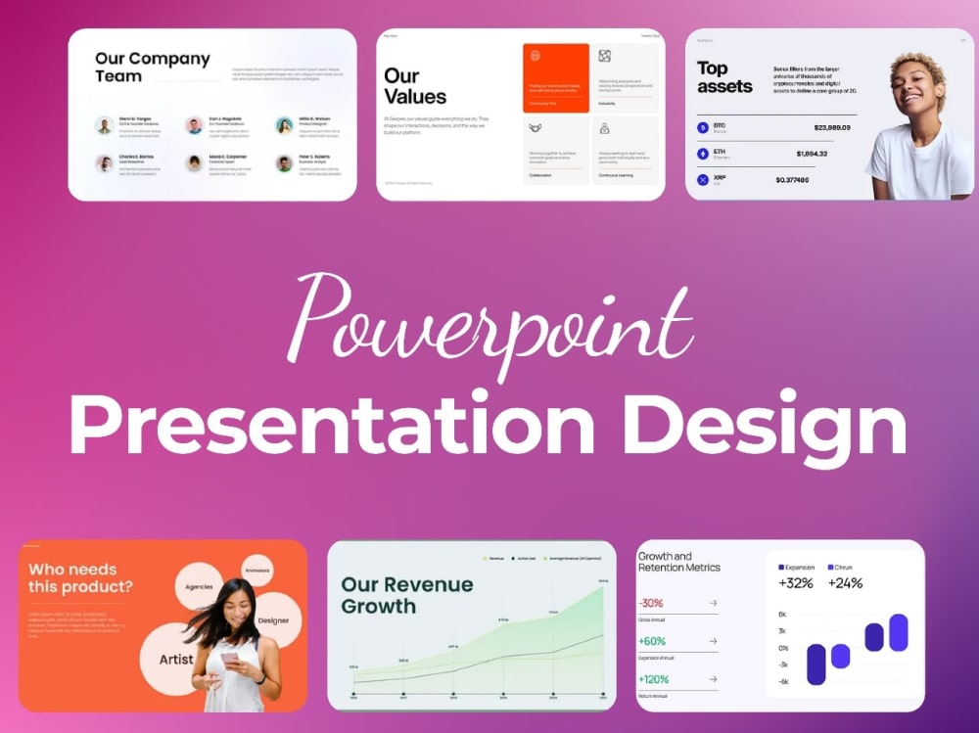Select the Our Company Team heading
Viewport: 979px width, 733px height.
pos(152,67)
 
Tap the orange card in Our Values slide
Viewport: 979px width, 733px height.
pos(555,77)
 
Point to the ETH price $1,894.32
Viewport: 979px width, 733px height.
pos(812,154)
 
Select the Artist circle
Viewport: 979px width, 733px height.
pos(175,659)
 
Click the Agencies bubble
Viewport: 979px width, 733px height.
pos(199,588)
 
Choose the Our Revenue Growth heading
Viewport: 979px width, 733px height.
pos(406,595)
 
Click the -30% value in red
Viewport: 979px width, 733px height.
pos(651,603)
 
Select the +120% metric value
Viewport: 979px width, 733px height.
pos(655,679)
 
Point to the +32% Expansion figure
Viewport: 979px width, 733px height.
pos(797,583)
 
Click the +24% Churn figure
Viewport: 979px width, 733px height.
pos(845,583)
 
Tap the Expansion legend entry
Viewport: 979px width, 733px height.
pos(796,567)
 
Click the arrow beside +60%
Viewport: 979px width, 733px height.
pos(712,641)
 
